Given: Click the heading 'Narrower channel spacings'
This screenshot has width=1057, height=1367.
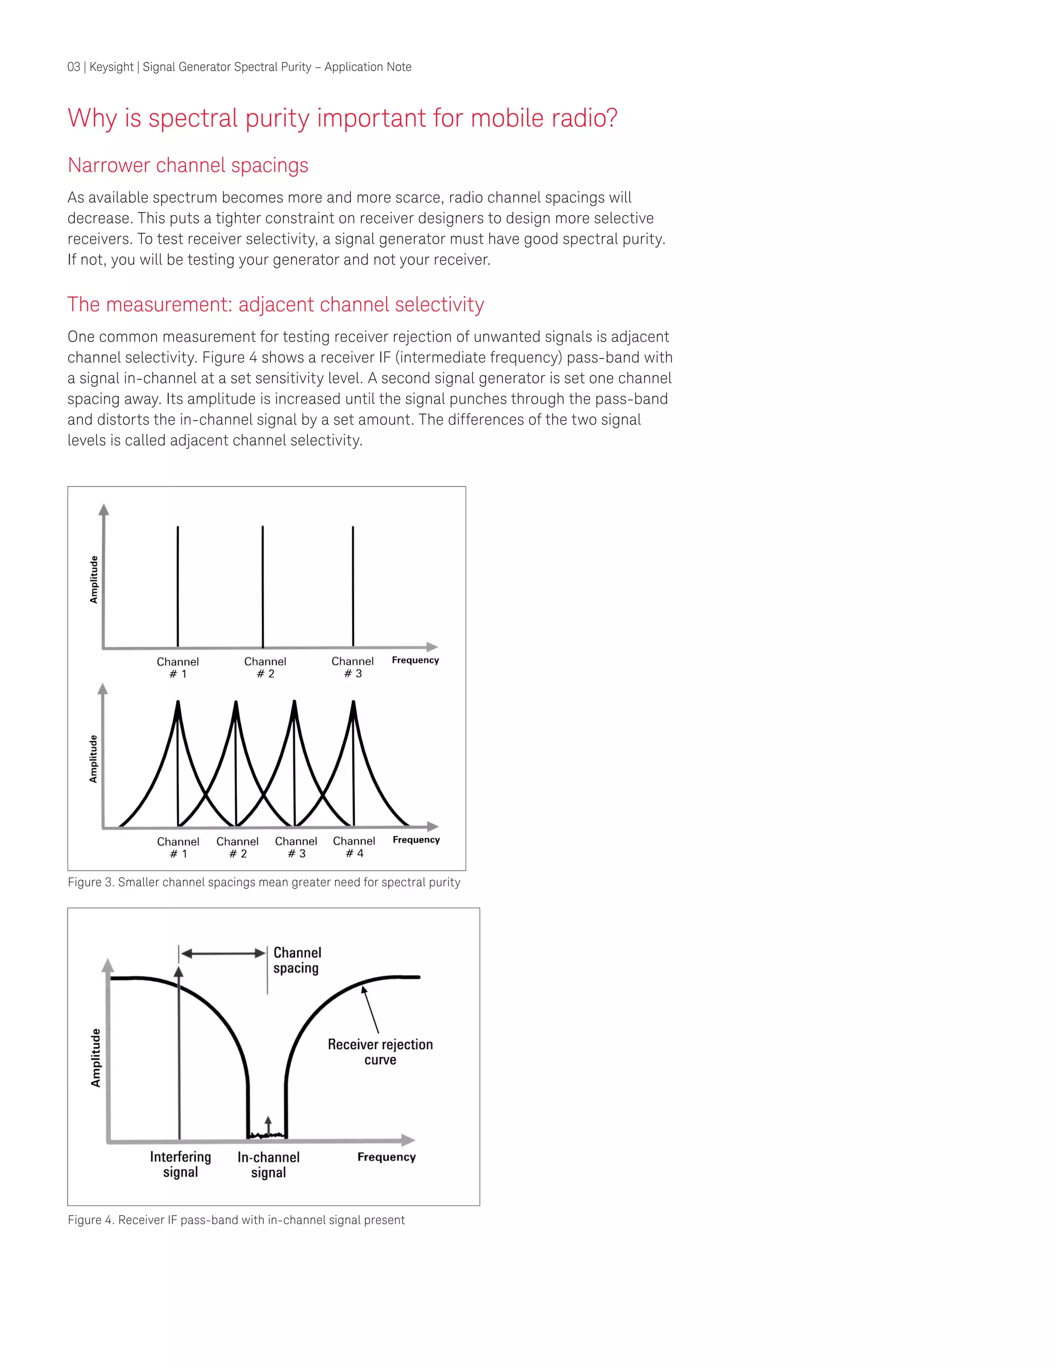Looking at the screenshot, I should point(188,165).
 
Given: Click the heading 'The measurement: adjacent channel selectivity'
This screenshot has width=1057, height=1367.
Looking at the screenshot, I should point(276,304).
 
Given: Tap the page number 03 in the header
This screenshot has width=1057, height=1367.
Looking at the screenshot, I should point(74,67).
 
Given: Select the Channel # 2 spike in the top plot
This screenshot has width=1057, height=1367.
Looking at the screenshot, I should point(262,585).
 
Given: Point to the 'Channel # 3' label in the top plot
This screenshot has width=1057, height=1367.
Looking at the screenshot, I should point(353,667).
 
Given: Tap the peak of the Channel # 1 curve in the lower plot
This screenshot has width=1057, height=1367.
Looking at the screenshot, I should point(178,704).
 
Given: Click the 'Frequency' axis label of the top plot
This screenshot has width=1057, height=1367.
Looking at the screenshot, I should point(415,660).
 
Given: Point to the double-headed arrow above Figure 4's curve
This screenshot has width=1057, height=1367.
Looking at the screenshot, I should point(223,953).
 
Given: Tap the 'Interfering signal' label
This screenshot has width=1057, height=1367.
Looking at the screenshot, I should point(180,1164).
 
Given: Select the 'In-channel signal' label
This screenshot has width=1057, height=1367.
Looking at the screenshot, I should point(268,1165).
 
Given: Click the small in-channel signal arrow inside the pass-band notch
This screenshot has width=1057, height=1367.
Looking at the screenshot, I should point(268,1125).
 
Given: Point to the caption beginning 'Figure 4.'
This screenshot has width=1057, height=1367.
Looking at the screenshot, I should point(236,1220).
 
